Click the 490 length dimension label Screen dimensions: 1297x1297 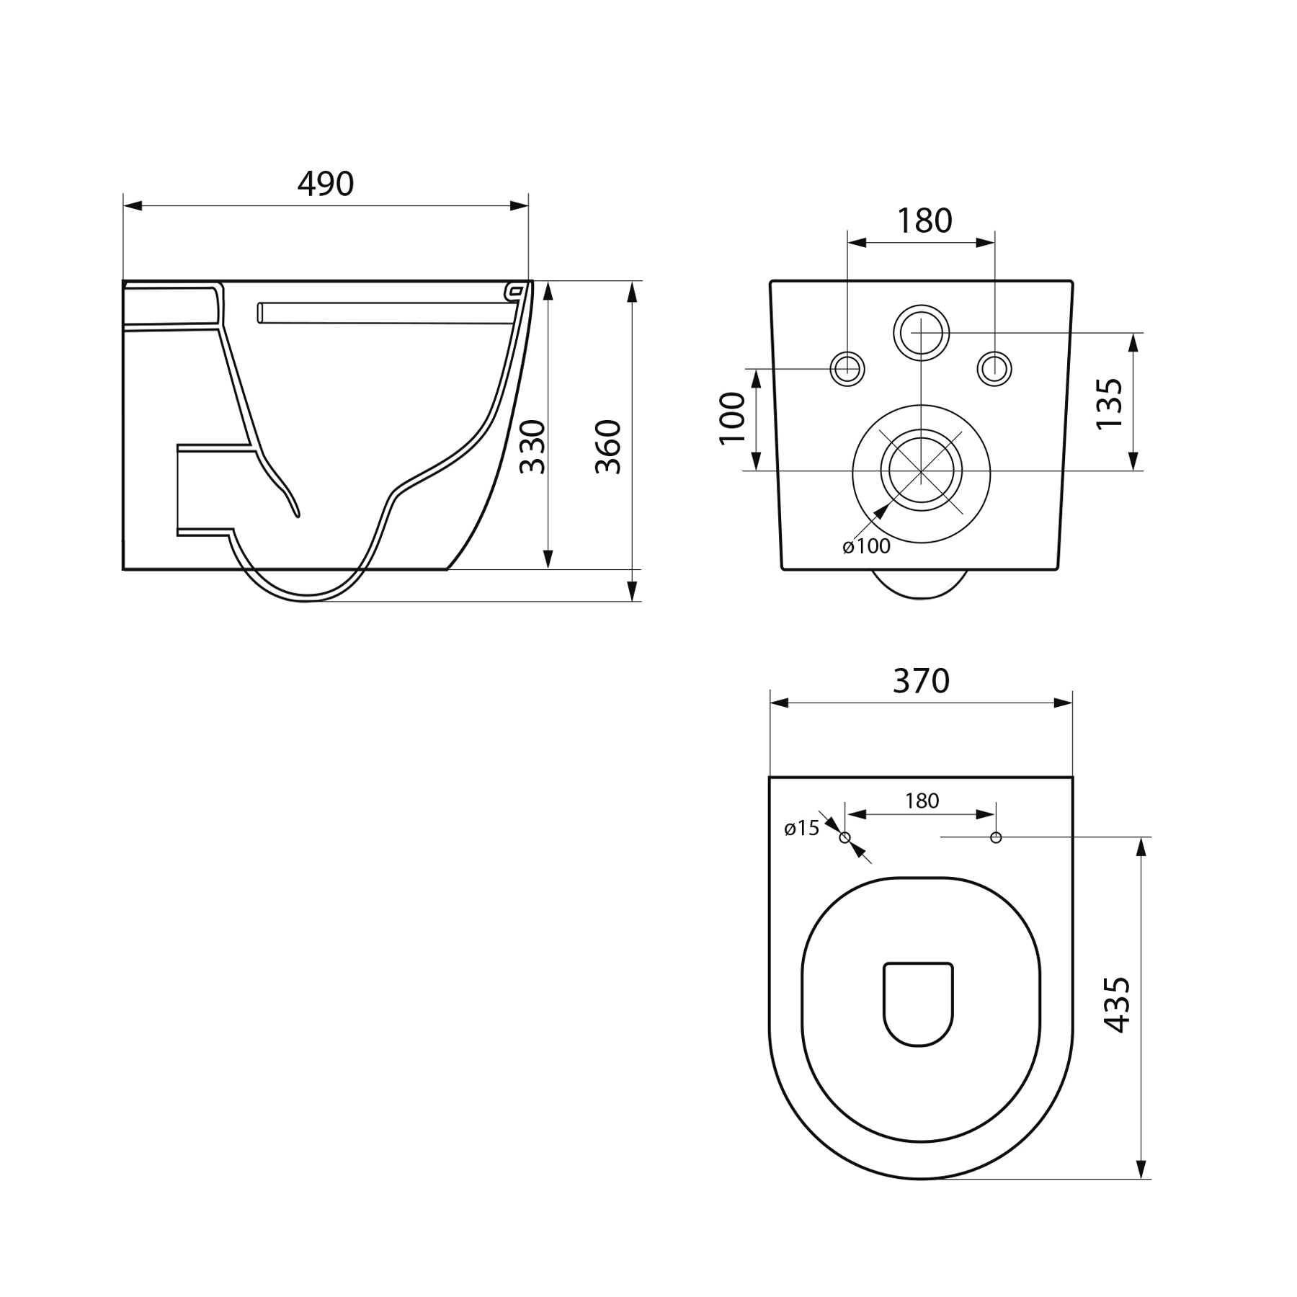326,184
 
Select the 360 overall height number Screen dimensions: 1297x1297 608,447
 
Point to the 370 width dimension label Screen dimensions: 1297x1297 921,681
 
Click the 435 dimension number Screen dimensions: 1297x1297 1116,1004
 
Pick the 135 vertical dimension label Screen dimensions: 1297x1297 1109,404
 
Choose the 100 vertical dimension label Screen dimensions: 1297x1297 732,419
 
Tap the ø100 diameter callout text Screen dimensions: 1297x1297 866,546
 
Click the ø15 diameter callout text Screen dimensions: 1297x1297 802,828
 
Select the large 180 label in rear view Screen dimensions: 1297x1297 924,220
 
